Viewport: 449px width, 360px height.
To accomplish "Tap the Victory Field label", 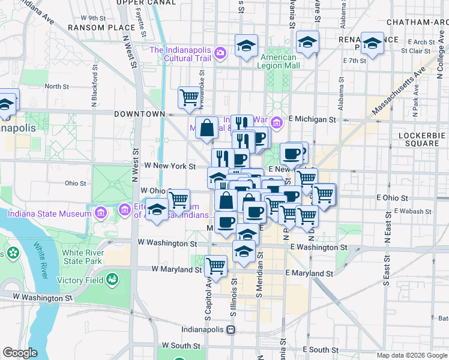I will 80,280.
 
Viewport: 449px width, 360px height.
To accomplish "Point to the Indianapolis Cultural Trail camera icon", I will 220,53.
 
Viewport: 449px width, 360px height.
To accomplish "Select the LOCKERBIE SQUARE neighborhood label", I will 423,140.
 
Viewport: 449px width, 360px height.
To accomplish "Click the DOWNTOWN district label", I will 140,113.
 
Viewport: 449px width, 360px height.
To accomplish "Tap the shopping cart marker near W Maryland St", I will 215,265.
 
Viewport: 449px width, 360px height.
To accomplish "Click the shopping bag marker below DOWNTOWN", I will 206,127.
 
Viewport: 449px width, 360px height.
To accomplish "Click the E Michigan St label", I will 312,119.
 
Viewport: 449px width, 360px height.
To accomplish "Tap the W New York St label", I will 170,166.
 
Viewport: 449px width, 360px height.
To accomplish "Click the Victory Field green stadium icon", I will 112,279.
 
